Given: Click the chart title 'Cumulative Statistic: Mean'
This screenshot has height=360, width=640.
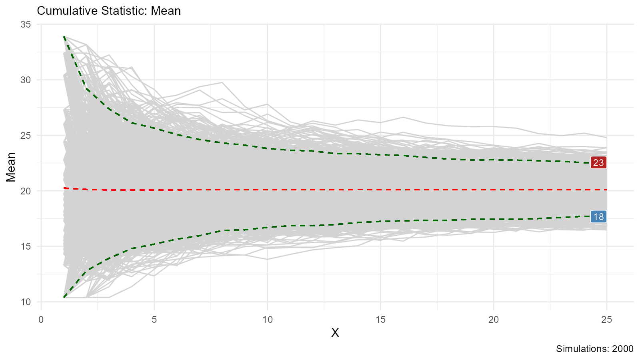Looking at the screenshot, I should [x=109, y=11].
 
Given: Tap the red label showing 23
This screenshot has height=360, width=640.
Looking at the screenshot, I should [x=598, y=163].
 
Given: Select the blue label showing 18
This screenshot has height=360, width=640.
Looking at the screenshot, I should [x=598, y=217].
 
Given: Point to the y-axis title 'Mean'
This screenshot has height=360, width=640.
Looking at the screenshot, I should [x=11, y=167].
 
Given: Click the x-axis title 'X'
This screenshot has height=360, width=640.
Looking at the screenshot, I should [x=335, y=333].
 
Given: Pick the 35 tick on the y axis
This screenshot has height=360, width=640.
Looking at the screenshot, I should [x=26, y=24].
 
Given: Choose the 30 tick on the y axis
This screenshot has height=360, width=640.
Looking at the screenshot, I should [x=26, y=80].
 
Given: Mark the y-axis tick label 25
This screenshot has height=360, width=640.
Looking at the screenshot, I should [x=26, y=136].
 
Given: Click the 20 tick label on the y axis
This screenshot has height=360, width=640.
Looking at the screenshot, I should [x=26, y=191].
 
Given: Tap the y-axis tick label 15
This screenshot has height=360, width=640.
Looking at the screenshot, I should [x=26, y=246].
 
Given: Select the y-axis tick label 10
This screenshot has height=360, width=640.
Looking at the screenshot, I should [x=26, y=302].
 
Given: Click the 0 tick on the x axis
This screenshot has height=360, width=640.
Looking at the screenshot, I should [x=41, y=320].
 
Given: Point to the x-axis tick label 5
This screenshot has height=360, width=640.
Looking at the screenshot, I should [x=154, y=320].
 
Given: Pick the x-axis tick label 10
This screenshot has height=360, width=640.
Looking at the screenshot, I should [x=267, y=320].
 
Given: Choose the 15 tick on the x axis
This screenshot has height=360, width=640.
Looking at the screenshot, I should [x=380, y=320].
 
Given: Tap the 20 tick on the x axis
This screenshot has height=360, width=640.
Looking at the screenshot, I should [x=494, y=320].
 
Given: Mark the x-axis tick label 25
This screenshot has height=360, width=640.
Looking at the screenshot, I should [x=607, y=320].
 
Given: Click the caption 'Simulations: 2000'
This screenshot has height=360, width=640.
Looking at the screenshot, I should [x=595, y=349].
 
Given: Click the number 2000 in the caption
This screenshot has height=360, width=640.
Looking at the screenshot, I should [x=623, y=349].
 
